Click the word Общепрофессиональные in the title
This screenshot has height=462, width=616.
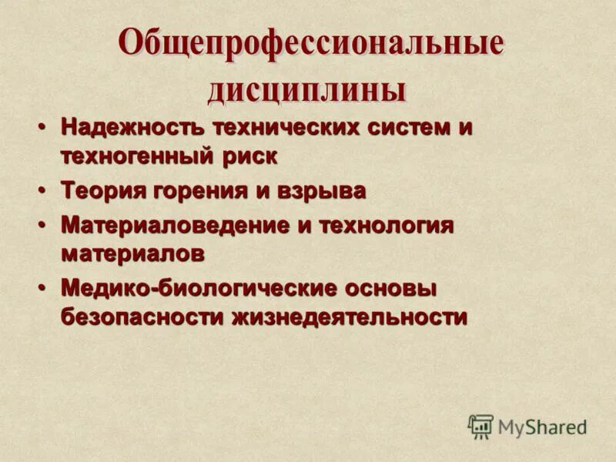coord(310,45)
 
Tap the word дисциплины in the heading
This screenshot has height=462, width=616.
coord(306,90)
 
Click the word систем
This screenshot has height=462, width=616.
coord(408,127)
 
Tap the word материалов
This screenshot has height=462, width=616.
coord(133,253)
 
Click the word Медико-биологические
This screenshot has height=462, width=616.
coord(199,289)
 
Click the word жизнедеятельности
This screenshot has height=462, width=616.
coord(349,316)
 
